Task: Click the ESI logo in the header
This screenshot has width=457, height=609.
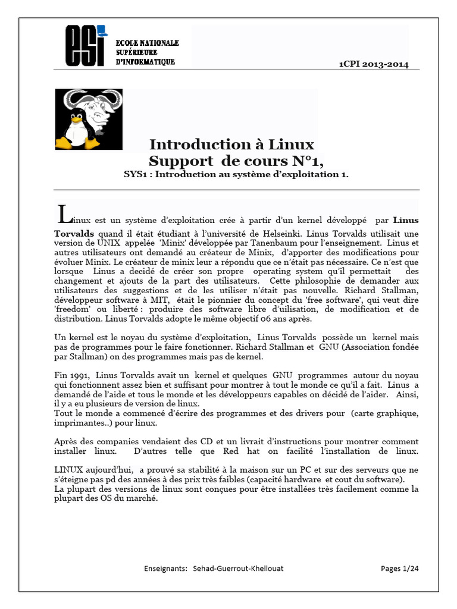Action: (x=86, y=46)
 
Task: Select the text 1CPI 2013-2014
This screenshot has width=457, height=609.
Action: (x=373, y=64)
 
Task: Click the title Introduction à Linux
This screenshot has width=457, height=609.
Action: (x=231, y=145)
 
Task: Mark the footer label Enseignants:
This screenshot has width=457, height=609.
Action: (x=166, y=568)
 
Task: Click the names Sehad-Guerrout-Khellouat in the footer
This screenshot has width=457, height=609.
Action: (x=238, y=568)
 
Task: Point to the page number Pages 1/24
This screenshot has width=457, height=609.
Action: (x=399, y=568)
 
